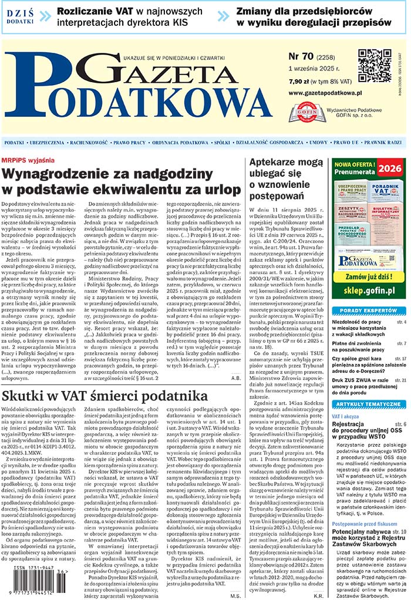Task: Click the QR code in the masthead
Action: (x=374, y=66)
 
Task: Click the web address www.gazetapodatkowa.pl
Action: (x=325, y=93)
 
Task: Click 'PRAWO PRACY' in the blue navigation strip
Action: (x=130, y=143)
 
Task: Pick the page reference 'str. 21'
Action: (x=400, y=380)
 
